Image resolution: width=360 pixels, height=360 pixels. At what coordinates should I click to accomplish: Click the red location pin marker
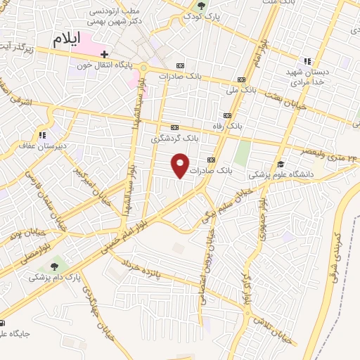tap(181, 165)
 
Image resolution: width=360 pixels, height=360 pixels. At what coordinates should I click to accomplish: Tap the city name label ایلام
tap(67, 39)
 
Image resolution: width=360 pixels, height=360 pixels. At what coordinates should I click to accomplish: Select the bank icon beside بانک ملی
tap(241, 79)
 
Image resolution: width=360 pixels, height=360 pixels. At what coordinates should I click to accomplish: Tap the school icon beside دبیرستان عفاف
tap(43, 134)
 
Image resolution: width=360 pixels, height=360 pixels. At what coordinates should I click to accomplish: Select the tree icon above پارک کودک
tap(202, 6)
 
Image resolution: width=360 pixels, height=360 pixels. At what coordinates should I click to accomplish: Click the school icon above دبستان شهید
tap(306, 62)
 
